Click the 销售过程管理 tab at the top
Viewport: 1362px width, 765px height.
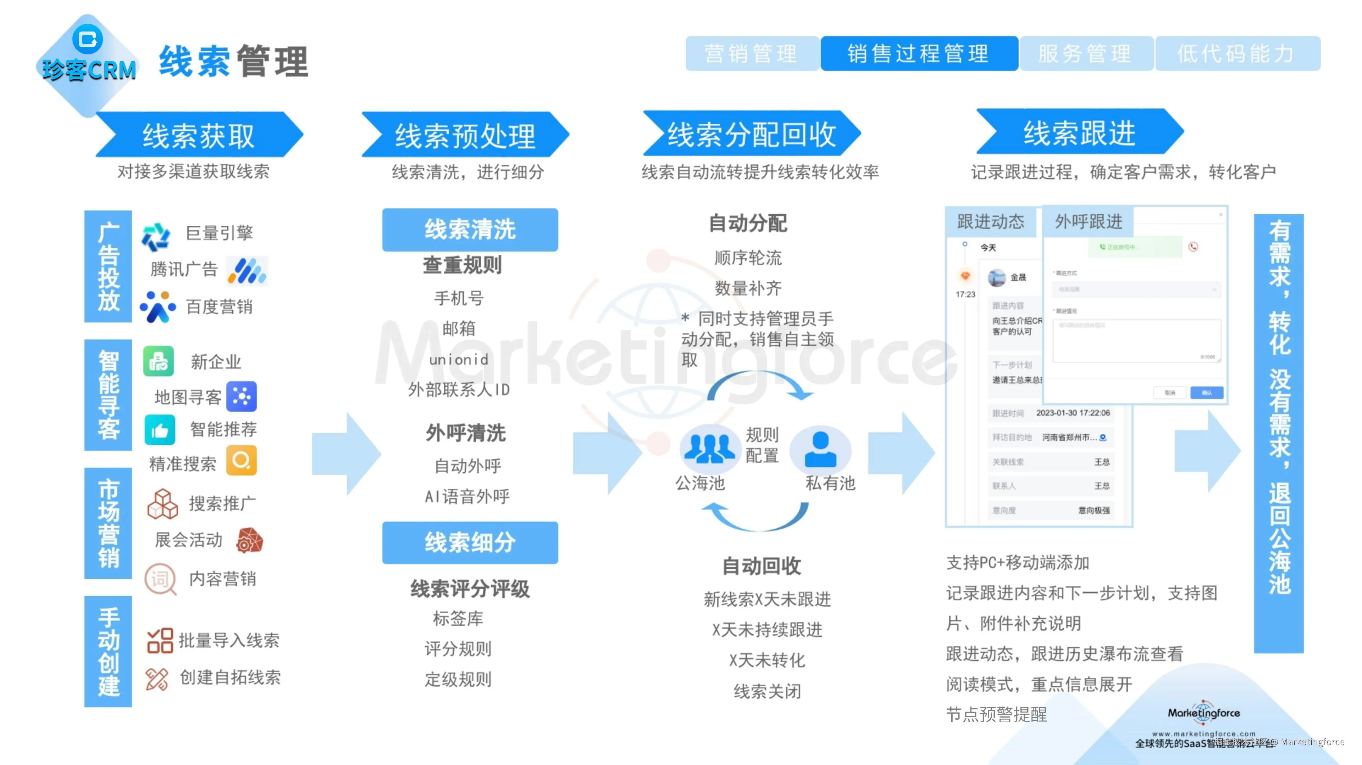[x=918, y=54]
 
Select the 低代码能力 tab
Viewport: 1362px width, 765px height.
[x=1237, y=54]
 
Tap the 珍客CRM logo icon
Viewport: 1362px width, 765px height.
[x=87, y=39]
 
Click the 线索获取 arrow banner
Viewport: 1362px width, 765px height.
[x=199, y=135]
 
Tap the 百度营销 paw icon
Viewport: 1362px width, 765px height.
[x=157, y=306]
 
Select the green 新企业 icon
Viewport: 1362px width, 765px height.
[x=159, y=361]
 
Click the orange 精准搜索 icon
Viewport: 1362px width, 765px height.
[x=242, y=460]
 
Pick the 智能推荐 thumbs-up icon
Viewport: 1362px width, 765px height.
[x=160, y=429]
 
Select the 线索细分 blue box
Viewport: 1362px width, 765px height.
[x=470, y=542]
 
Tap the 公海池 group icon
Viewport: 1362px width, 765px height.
[x=709, y=448]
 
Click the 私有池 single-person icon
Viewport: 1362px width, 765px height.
[x=820, y=449]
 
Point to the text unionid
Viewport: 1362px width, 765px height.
[x=458, y=360]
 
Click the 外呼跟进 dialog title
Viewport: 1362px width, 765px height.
[x=1088, y=221]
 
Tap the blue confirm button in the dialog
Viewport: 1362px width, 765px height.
[x=1207, y=393]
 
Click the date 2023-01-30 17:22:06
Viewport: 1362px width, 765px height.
[x=1073, y=412]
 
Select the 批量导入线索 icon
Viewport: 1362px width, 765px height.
[x=160, y=640]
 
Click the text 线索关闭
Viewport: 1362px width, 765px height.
[x=767, y=691]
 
